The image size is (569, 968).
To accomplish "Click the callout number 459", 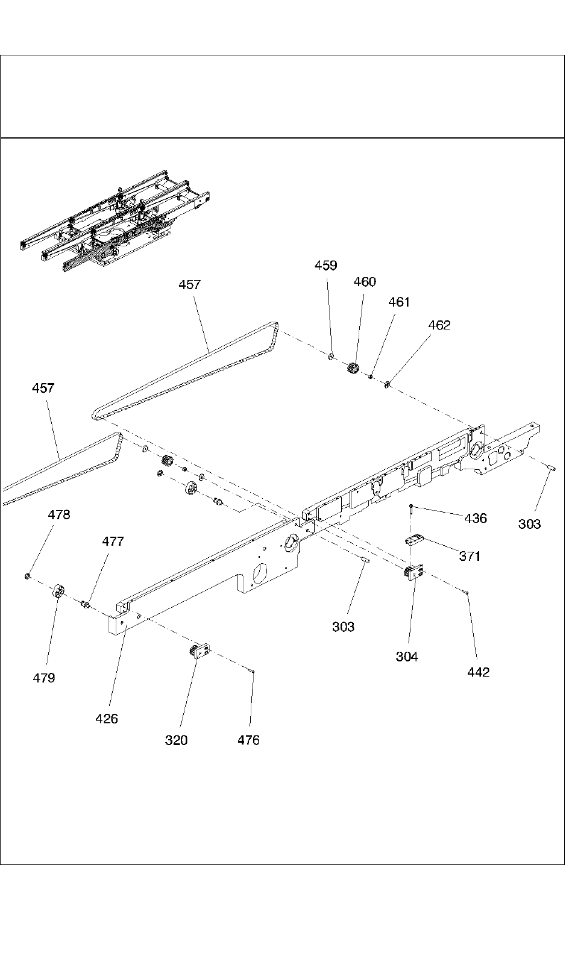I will click(x=326, y=266).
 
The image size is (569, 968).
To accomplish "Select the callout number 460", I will click(x=364, y=282).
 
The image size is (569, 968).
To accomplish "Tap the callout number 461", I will click(x=399, y=302).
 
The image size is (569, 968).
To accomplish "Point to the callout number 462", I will click(x=439, y=325).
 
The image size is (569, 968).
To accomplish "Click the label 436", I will click(x=476, y=518).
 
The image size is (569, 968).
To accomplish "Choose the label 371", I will click(x=470, y=556).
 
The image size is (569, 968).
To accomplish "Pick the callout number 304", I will click(x=407, y=657).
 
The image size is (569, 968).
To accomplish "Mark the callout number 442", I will click(x=479, y=672).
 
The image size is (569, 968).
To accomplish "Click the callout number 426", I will click(x=107, y=718).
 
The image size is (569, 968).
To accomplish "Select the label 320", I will click(x=177, y=740).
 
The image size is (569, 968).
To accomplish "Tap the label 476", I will click(x=248, y=740).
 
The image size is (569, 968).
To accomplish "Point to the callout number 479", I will click(x=44, y=678).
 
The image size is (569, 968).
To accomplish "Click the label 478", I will click(x=59, y=515).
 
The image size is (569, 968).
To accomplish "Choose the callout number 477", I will click(x=113, y=542).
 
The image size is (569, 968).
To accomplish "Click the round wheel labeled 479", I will click(x=58, y=592).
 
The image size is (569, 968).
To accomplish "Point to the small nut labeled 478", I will click(x=28, y=576).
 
